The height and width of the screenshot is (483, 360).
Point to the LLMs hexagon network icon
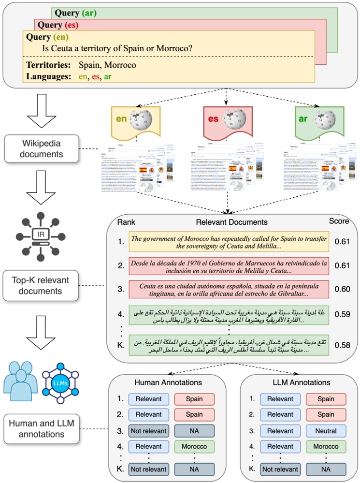click(59, 382)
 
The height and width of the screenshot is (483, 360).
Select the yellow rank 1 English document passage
click(228, 242)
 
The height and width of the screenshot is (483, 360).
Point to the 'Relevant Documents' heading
click(231, 222)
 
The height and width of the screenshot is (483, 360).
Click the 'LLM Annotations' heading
click(299, 382)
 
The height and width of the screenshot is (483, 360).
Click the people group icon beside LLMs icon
click(20, 382)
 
